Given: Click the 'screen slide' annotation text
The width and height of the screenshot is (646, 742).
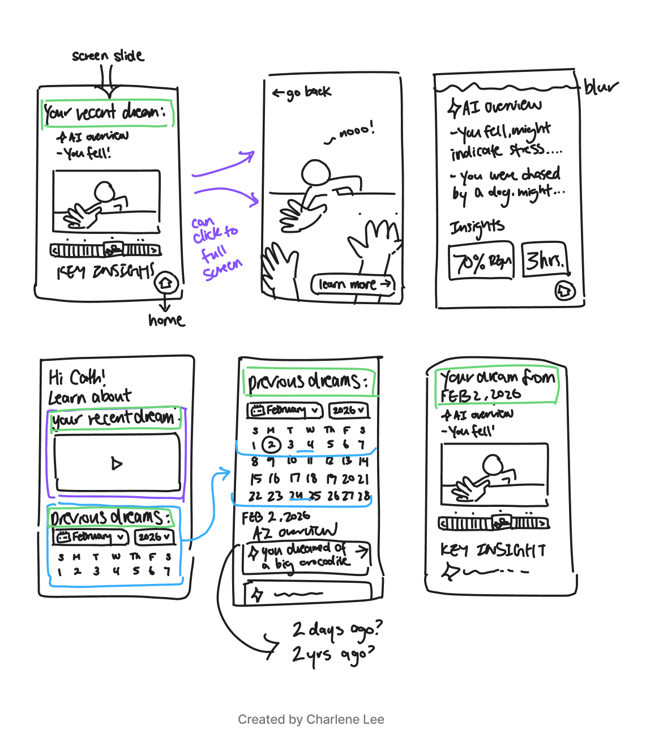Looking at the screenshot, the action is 108,56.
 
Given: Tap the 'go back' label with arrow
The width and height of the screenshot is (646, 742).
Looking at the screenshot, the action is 302,92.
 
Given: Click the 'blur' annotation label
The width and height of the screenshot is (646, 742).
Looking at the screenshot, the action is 600,87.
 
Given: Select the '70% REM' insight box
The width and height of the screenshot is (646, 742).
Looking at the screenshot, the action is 481,262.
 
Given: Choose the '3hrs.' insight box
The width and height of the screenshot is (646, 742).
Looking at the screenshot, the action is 544,260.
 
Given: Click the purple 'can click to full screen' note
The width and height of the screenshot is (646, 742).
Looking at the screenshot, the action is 217,248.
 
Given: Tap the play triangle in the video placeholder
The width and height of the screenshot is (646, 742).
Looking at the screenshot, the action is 117,463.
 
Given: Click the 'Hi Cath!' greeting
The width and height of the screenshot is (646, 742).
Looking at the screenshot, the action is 77,377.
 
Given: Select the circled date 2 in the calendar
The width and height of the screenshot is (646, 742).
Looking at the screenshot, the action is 272,445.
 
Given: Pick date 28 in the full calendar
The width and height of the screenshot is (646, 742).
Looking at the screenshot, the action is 363,496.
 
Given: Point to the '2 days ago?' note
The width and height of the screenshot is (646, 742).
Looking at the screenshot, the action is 337,629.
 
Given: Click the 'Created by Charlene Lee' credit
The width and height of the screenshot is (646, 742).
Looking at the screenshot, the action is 311,719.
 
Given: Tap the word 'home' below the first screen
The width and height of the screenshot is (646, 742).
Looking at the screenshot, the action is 166,321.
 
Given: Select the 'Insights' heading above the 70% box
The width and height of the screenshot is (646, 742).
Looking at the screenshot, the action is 477,227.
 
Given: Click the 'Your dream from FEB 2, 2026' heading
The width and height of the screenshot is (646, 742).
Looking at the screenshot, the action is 497,385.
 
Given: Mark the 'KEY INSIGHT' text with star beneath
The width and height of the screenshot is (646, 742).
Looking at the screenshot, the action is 493,550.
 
